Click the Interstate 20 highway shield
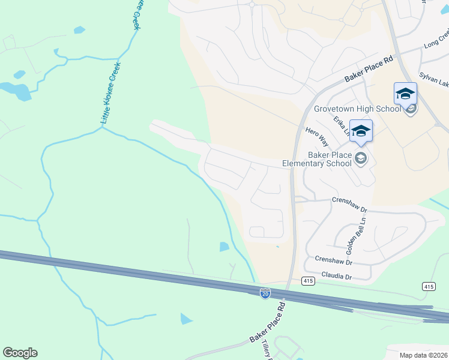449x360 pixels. [x=265, y=293]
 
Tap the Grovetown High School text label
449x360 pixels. [x=357, y=109]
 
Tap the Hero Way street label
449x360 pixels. [x=317, y=137]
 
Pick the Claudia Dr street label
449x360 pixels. [x=336, y=277]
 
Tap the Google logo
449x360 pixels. [x=20, y=353]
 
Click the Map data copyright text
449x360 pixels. [x=423, y=355]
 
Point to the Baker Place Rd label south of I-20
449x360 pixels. [x=267, y=324]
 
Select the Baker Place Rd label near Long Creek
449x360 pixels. [x=369, y=69]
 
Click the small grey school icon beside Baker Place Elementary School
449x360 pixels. [x=361, y=158]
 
